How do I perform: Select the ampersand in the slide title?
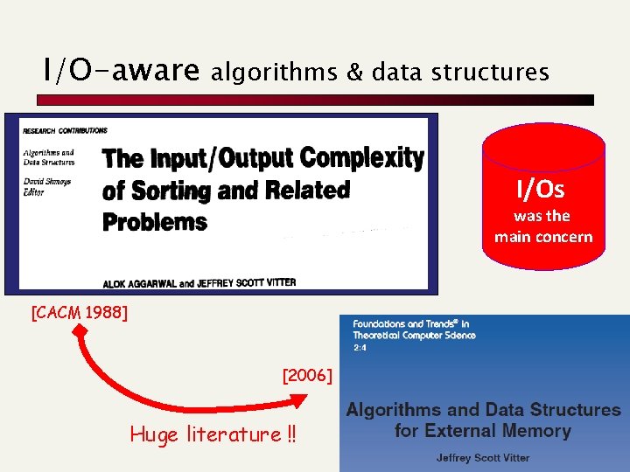(355, 72)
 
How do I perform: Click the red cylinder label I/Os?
(541, 189)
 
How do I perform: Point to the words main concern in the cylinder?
(542, 237)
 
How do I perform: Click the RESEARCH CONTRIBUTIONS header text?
(66, 130)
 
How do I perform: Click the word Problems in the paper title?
(155, 221)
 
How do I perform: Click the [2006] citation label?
(307, 376)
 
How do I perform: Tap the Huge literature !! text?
(213, 434)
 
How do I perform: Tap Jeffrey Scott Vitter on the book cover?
(483, 457)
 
